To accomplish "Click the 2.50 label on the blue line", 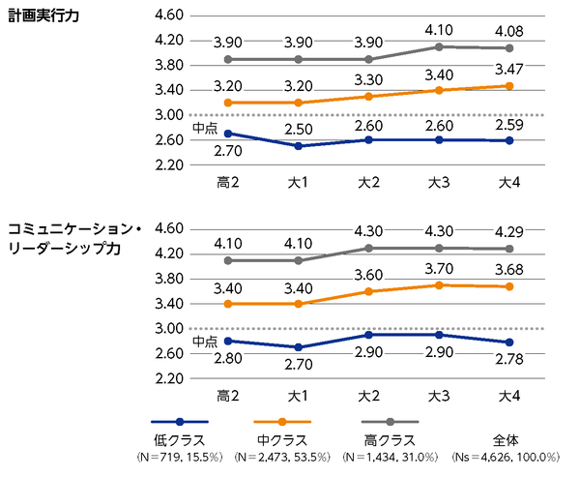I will click(x=298, y=130).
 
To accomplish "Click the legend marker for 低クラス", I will click(x=180, y=423).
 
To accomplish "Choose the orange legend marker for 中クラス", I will click(x=281, y=423).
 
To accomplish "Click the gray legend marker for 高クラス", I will click(x=390, y=423).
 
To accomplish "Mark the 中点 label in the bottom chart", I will click(x=204, y=341).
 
